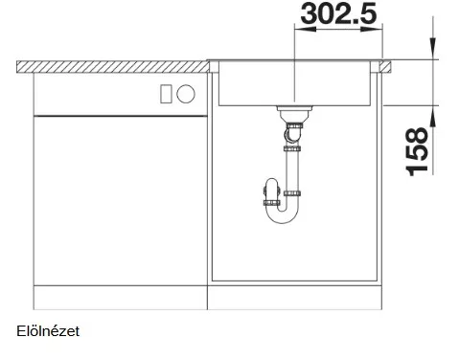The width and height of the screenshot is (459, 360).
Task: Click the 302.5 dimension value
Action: click(x=338, y=13)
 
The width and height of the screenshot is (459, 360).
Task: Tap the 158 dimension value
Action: click(x=417, y=151)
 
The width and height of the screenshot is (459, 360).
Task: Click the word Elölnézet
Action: click(x=48, y=331)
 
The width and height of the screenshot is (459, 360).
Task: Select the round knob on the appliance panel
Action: click(x=186, y=94)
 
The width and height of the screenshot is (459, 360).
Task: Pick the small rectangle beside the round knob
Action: click(x=166, y=94)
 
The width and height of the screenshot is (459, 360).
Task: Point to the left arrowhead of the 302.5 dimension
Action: click(x=305, y=29)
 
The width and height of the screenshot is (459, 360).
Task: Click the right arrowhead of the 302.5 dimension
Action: click(x=372, y=29)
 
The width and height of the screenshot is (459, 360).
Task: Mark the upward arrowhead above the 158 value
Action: click(x=433, y=116)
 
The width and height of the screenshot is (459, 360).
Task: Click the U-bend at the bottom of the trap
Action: click(x=282, y=217)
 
